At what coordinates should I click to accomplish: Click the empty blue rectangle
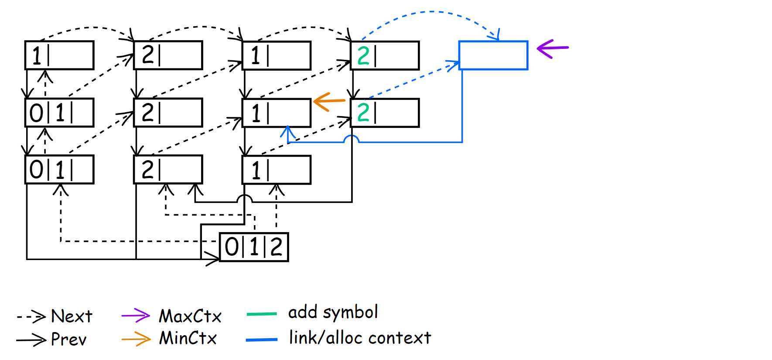(x=493, y=55)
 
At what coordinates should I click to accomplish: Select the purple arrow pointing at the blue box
(x=553, y=48)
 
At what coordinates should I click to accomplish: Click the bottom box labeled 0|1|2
(x=254, y=247)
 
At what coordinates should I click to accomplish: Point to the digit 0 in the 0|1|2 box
(x=231, y=247)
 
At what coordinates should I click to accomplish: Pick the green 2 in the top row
(x=363, y=56)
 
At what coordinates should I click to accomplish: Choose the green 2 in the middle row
(x=363, y=113)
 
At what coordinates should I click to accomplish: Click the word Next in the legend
(x=72, y=316)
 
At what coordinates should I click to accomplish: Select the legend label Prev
(x=69, y=339)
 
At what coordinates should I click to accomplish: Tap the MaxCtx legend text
(x=190, y=316)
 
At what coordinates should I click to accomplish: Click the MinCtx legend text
(x=188, y=338)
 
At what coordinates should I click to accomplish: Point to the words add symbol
(x=333, y=312)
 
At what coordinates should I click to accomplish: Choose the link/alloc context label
(x=360, y=338)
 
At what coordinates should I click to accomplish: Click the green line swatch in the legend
(x=262, y=314)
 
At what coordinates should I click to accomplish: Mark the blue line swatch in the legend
(x=262, y=339)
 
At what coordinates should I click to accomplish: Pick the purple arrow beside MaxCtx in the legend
(x=136, y=315)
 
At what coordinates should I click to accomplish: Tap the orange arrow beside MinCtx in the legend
(x=136, y=339)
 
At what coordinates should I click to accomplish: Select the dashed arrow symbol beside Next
(x=31, y=316)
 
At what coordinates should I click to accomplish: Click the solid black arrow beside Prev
(x=31, y=339)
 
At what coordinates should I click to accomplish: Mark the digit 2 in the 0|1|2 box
(x=276, y=247)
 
